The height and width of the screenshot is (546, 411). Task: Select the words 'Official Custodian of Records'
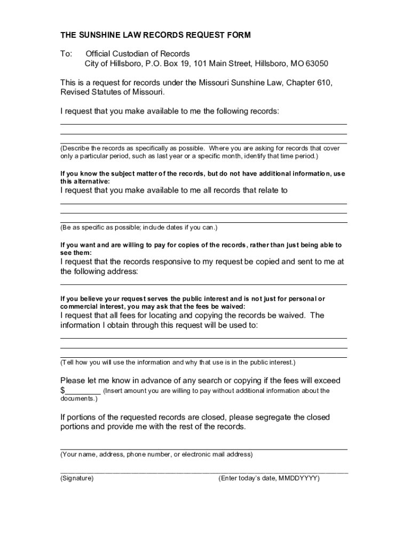click(138, 54)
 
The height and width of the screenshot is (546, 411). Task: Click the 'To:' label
click(66, 54)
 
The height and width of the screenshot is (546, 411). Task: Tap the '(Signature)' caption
click(77, 478)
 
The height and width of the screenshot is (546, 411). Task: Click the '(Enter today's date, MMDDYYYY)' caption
click(269, 478)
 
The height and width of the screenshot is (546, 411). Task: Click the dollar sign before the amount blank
click(62, 391)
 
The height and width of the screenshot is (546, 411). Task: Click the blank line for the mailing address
click(203, 284)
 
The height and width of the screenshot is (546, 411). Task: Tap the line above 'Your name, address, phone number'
click(203, 449)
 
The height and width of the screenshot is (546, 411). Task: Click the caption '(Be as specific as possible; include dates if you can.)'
click(139, 228)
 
